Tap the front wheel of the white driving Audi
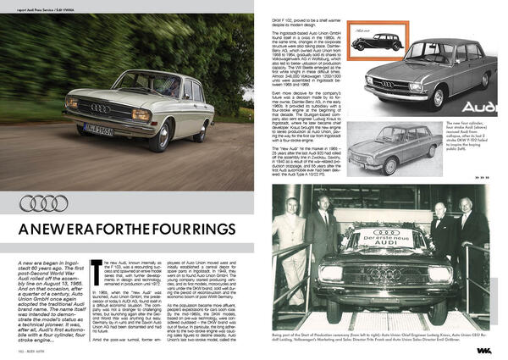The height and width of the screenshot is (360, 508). (157, 137)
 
